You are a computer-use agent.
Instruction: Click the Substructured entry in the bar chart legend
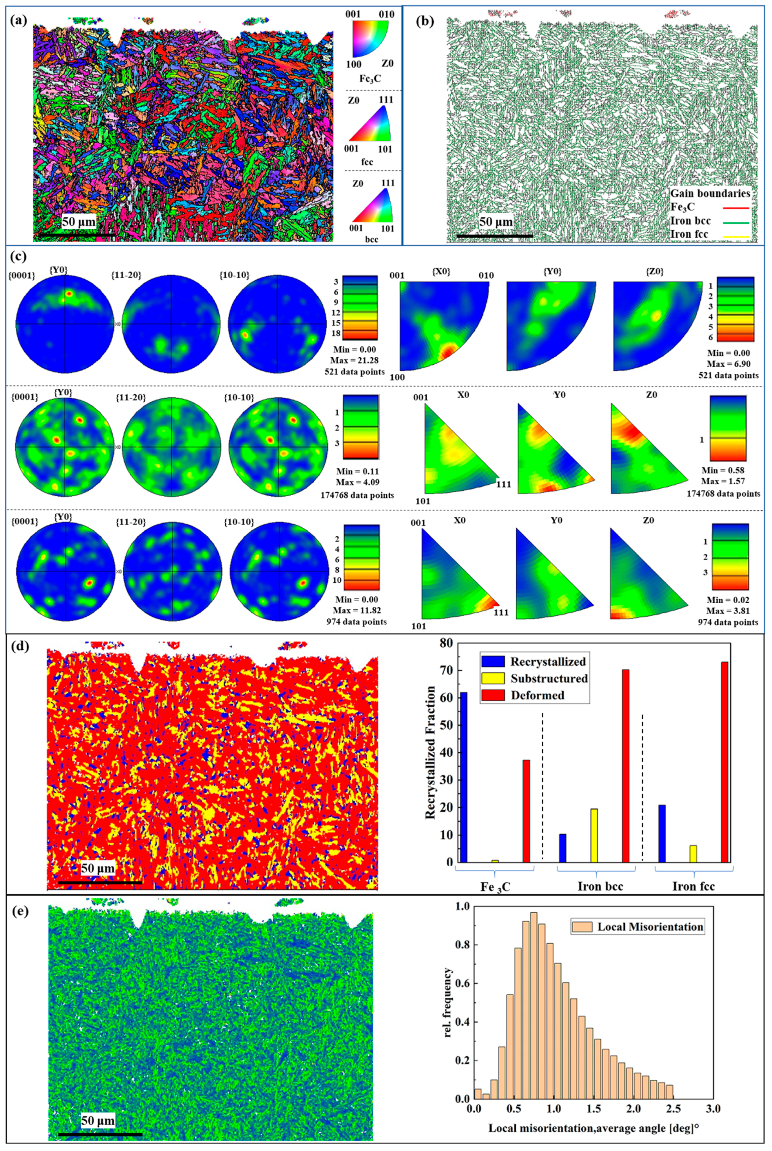tap(548, 678)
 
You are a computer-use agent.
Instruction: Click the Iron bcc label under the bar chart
tap(600, 887)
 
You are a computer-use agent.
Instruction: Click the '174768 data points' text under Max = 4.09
tap(358, 495)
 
